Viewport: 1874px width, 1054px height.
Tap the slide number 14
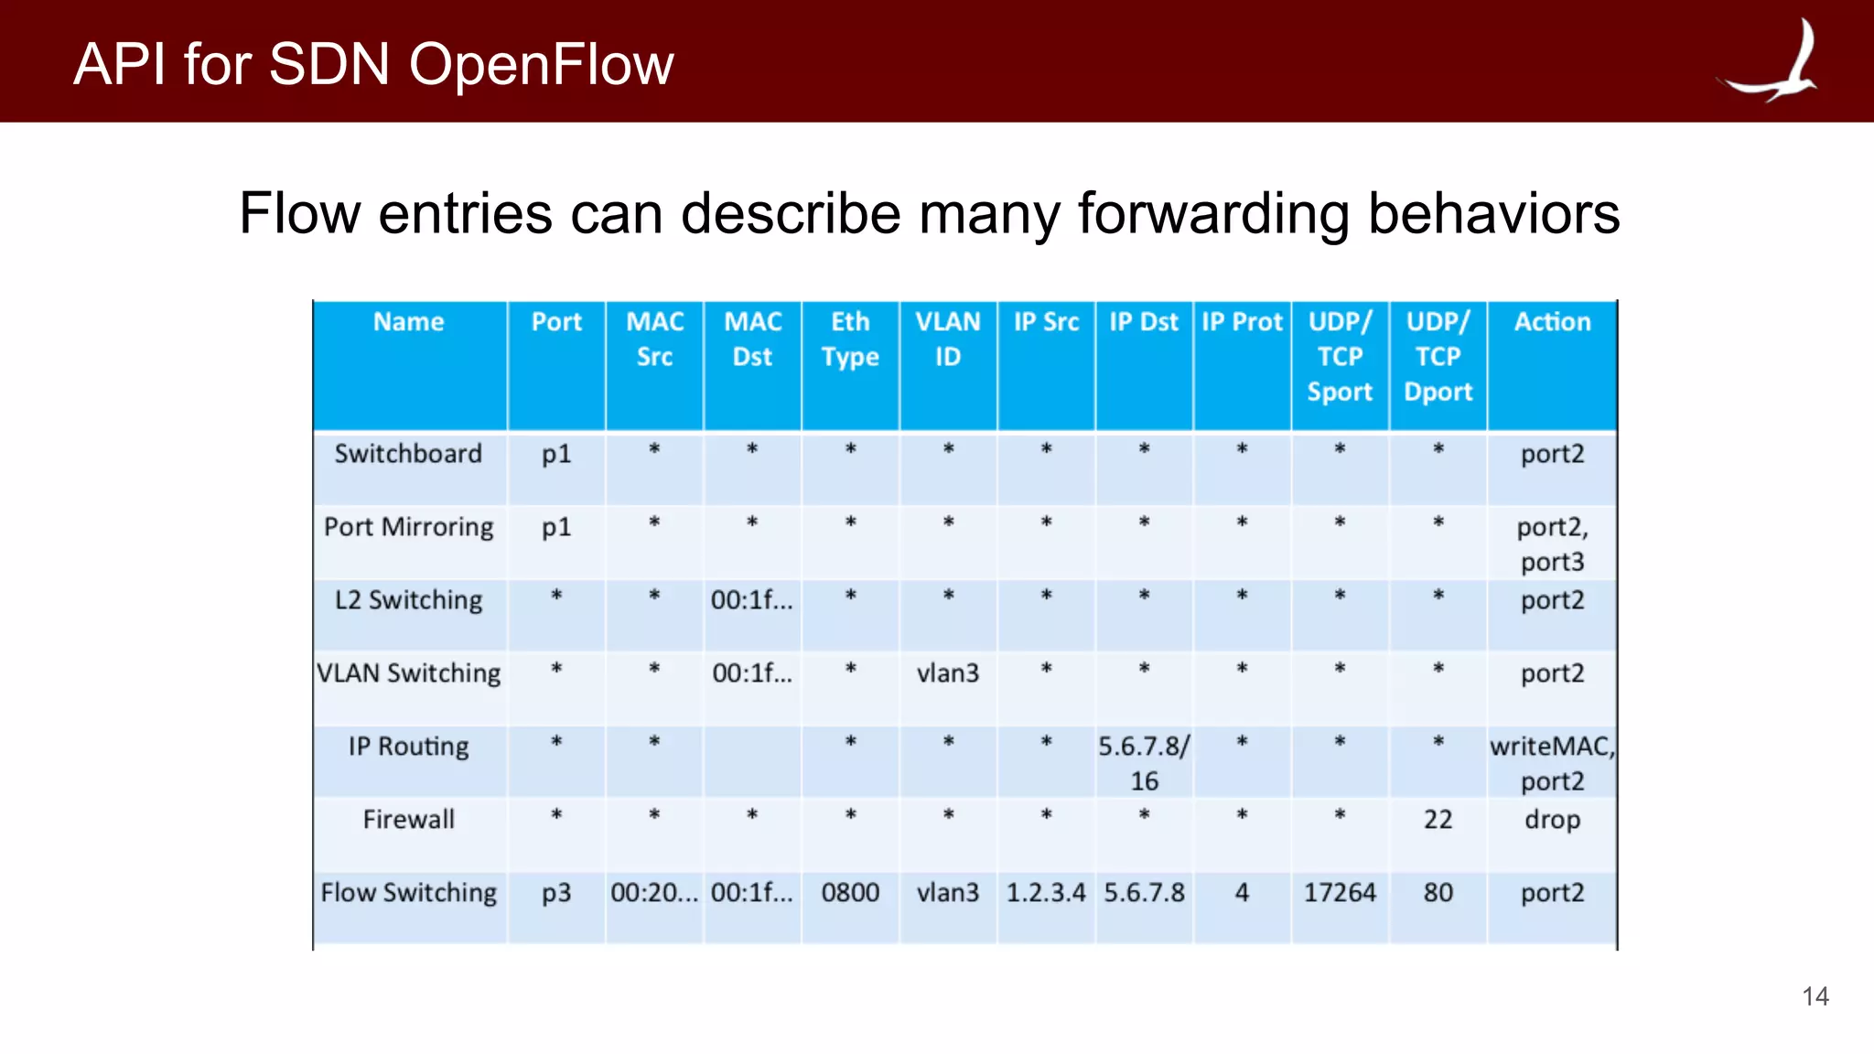pyautogui.click(x=1815, y=996)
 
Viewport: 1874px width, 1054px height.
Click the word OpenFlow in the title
pyautogui.click(x=541, y=65)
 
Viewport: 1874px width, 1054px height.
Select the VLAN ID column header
pyautogui.click(x=948, y=339)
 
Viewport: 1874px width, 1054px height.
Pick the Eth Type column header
pyautogui.click(x=850, y=339)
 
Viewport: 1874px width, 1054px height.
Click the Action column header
pyautogui.click(x=1552, y=322)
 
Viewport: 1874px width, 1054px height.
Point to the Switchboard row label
pyautogui.click(x=408, y=454)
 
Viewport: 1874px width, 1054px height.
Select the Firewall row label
pyautogui.click(x=408, y=820)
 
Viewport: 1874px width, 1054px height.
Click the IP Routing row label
pyautogui.click(x=408, y=747)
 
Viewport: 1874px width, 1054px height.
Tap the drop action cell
pyautogui.click(x=1552, y=820)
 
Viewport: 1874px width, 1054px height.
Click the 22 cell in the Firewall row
pyautogui.click(x=1438, y=820)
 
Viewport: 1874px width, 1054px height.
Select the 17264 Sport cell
pyautogui.click(x=1340, y=893)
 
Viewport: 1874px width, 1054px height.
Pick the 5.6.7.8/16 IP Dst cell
pyautogui.click(x=1144, y=763)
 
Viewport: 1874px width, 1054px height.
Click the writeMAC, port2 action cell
pyautogui.click(x=1552, y=763)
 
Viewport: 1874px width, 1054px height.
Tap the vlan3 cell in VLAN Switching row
pyautogui.click(x=948, y=673)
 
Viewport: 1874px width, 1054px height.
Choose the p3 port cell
pyautogui.click(x=556, y=893)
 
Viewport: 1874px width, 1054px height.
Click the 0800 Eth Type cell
pyautogui.click(x=850, y=893)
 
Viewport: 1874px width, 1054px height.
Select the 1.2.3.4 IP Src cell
pyautogui.click(x=1046, y=893)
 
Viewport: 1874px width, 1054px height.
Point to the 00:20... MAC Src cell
pyautogui.click(x=653, y=893)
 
